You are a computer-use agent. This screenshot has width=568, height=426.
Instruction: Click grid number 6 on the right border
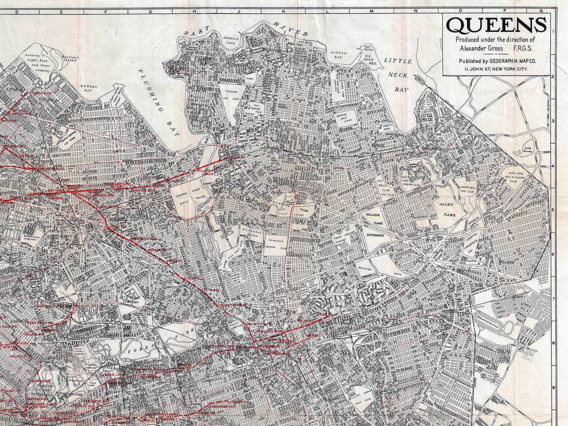point(552,255)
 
